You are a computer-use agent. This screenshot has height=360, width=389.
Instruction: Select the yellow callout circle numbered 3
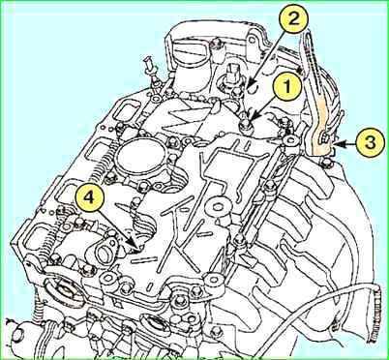tap(371, 143)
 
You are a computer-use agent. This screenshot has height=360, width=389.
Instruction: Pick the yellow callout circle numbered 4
tap(89, 197)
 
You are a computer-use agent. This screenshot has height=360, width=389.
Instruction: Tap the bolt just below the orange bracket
tap(327, 162)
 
